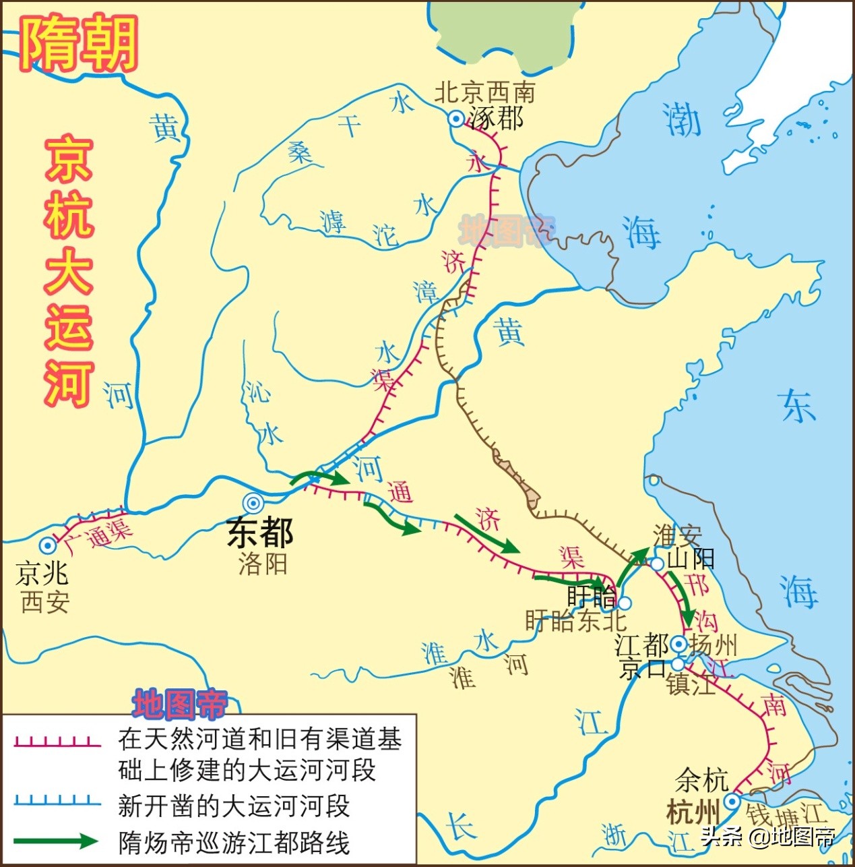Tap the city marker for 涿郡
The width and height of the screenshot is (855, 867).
tap(456, 119)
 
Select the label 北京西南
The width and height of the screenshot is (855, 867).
tap(484, 92)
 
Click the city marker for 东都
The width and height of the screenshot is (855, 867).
tap(253, 503)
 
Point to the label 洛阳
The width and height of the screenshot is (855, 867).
tap(263, 564)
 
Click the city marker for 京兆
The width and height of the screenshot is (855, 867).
tap(47, 545)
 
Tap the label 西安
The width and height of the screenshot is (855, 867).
tap(45, 601)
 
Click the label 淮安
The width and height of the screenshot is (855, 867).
tap(676, 536)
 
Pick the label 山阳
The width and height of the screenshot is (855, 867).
tap(691, 559)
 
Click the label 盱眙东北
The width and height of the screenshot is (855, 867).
tap(575, 621)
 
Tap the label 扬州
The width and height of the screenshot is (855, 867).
tap(713, 645)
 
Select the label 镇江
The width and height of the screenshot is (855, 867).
tap(690, 685)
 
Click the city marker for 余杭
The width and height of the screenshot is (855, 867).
tap(732, 802)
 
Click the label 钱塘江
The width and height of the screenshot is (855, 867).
tap(784, 816)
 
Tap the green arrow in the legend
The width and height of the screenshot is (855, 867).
tap(57, 841)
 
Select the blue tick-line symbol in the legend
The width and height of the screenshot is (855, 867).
tap(57, 802)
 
